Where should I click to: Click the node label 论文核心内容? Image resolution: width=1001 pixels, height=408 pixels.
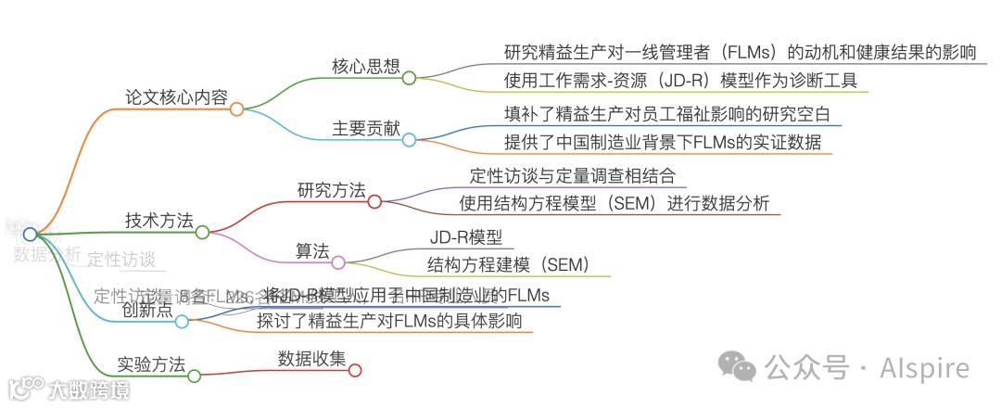pyautogui.click(x=176, y=96)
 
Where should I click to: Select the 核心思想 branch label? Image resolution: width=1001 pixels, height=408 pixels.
pyautogui.click(x=365, y=67)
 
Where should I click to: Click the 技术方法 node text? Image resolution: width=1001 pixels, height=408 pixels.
pyautogui.click(x=158, y=221)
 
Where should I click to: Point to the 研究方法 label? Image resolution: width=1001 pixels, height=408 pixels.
pyautogui.click(x=331, y=190)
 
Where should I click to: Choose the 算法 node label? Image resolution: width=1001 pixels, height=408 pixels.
pyautogui.click(x=312, y=251)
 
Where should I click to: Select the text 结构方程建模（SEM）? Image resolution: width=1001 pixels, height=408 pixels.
pyautogui.click(x=508, y=264)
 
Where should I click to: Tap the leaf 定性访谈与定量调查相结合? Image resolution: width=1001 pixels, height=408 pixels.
pyautogui.click(x=573, y=175)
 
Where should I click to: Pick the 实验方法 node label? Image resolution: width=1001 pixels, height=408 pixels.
pyautogui.click(x=151, y=363)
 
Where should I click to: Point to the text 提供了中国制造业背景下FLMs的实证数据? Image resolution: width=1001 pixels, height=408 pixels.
pyautogui.click(x=663, y=143)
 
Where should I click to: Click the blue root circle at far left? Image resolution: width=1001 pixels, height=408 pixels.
pyautogui.click(x=31, y=234)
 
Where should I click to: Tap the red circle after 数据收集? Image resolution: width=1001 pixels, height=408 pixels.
pyautogui.click(x=354, y=370)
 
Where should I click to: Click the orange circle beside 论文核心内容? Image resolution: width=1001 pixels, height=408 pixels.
pyautogui.click(x=236, y=108)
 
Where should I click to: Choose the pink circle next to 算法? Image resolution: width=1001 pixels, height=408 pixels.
pyautogui.click(x=337, y=263)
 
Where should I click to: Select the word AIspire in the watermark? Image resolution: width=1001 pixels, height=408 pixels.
pyautogui.click(x=923, y=368)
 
